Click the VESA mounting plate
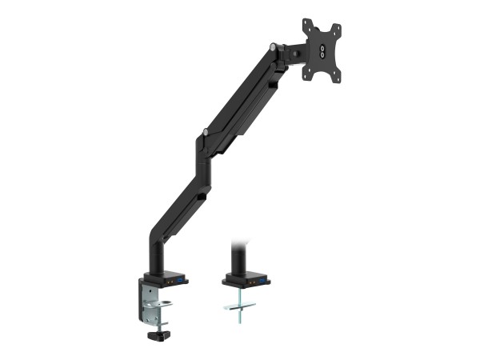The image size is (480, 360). pyautogui.click(x=322, y=50)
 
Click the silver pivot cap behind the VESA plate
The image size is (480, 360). pyautogui.click(x=275, y=48)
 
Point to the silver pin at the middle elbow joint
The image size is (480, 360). pyautogui.click(x=206, y=131)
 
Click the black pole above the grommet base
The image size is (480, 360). pyautogui.click(x=238, y=258)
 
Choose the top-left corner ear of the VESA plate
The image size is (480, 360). pyautogui.click(x=306, y=24)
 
